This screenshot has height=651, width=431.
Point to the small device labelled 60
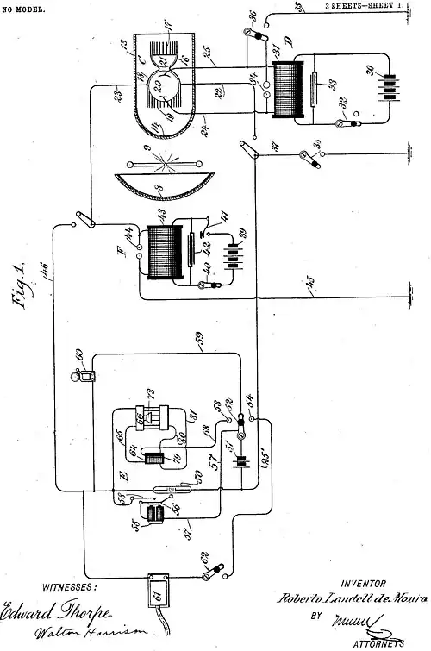[x=83, y=377]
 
